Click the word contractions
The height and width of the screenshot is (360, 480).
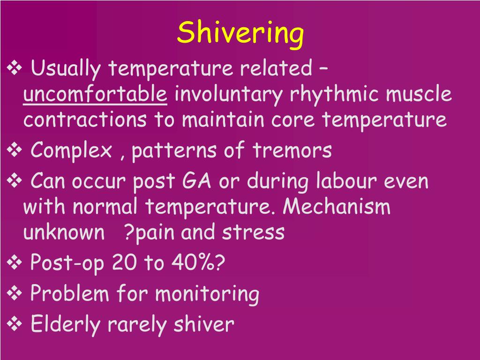tap(84, 120)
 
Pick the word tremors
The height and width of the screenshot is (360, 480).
tap(292, 151)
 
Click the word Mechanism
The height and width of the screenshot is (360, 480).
tap(337, 207)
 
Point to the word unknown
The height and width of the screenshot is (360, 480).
tap(64, 232)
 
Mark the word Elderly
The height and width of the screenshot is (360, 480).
tap(65, 324)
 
